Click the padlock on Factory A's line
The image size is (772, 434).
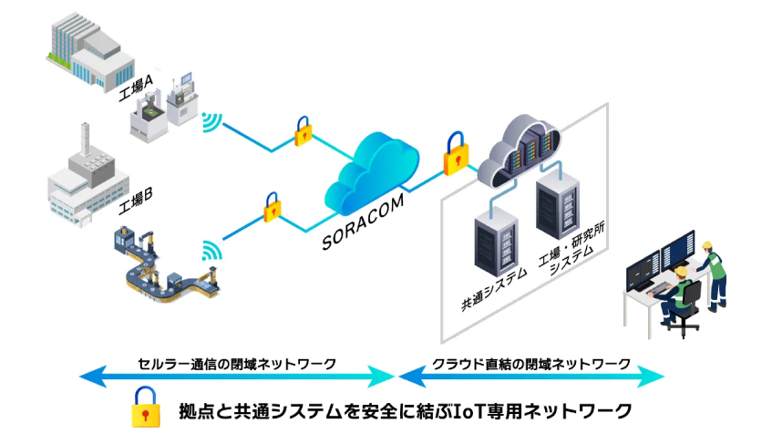302,131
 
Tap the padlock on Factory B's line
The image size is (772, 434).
271,207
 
